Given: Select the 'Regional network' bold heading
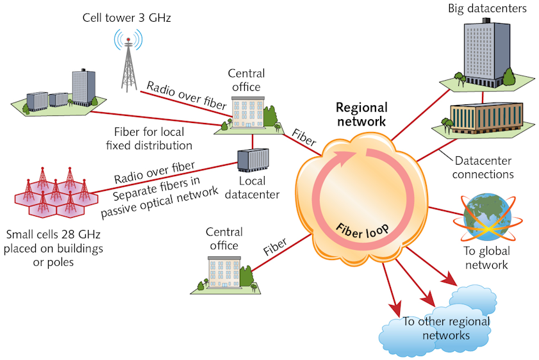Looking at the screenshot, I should click(362, 113).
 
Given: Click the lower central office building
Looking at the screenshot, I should click(224, 273).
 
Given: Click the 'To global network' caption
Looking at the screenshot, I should click(486, 258).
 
